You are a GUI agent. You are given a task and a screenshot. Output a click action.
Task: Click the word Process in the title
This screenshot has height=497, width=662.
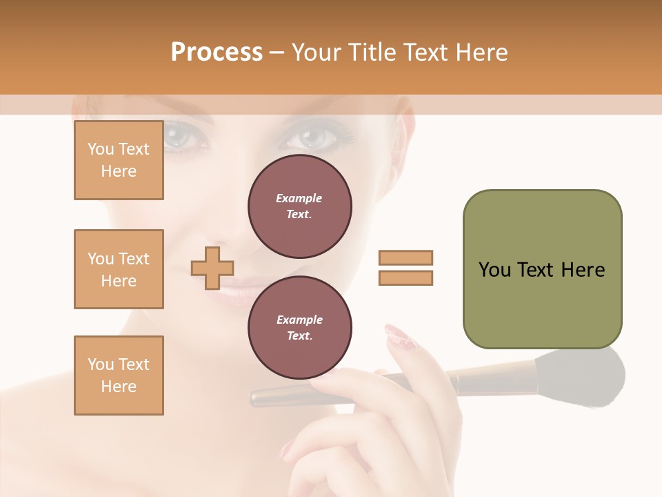[217, 52]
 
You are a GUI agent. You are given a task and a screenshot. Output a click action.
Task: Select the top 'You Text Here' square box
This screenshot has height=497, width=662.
[119, 160]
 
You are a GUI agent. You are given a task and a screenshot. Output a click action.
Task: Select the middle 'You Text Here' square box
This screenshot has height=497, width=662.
[119, 269]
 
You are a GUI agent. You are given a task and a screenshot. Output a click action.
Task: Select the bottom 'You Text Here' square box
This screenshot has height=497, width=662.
[119, 376]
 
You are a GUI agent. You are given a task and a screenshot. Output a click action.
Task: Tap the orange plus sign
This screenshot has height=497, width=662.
[212, 268]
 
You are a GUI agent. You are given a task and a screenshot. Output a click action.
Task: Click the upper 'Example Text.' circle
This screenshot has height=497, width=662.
[300, 206]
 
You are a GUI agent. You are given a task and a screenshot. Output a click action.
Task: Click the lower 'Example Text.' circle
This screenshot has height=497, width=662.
[300, 327]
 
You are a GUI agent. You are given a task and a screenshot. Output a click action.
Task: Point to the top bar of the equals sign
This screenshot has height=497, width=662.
[405, 257]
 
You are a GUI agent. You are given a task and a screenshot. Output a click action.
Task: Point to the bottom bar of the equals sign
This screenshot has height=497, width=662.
[405, 277]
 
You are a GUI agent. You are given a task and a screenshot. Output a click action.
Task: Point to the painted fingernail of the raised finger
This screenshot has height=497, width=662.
[400, 336]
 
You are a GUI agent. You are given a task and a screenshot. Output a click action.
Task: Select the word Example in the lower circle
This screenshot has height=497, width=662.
[299, 320]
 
